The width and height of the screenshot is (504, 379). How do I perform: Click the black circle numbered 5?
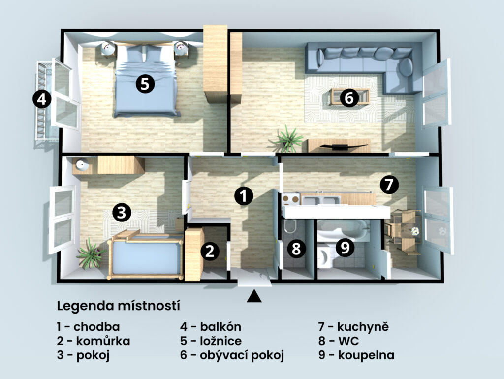(x=145, y=84)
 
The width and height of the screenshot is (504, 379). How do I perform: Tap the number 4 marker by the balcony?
(x=42, y=99)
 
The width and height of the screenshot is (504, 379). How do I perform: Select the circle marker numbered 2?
(x=210, y=252)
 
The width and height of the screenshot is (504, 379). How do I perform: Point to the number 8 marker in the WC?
(x=296, y=249)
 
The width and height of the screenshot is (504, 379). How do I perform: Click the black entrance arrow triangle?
(x=254, y=296)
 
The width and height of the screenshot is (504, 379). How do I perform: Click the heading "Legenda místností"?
(x=118, y=306)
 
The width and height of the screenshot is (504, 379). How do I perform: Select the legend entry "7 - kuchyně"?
(x=353, y=327)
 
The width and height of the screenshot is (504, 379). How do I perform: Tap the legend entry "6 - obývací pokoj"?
(x=232, y=355)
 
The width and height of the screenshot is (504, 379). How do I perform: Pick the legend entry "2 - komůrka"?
(x=94, y=341)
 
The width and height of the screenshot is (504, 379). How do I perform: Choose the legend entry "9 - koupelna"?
(x=356, y=355)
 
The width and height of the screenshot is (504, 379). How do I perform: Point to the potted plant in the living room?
(x=288, y=139)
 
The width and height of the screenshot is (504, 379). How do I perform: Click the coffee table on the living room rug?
(x=349, y=96)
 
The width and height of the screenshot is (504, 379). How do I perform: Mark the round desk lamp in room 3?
(x=82, y=165)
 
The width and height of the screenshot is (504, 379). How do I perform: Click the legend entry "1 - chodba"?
(x=89, y=327)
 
